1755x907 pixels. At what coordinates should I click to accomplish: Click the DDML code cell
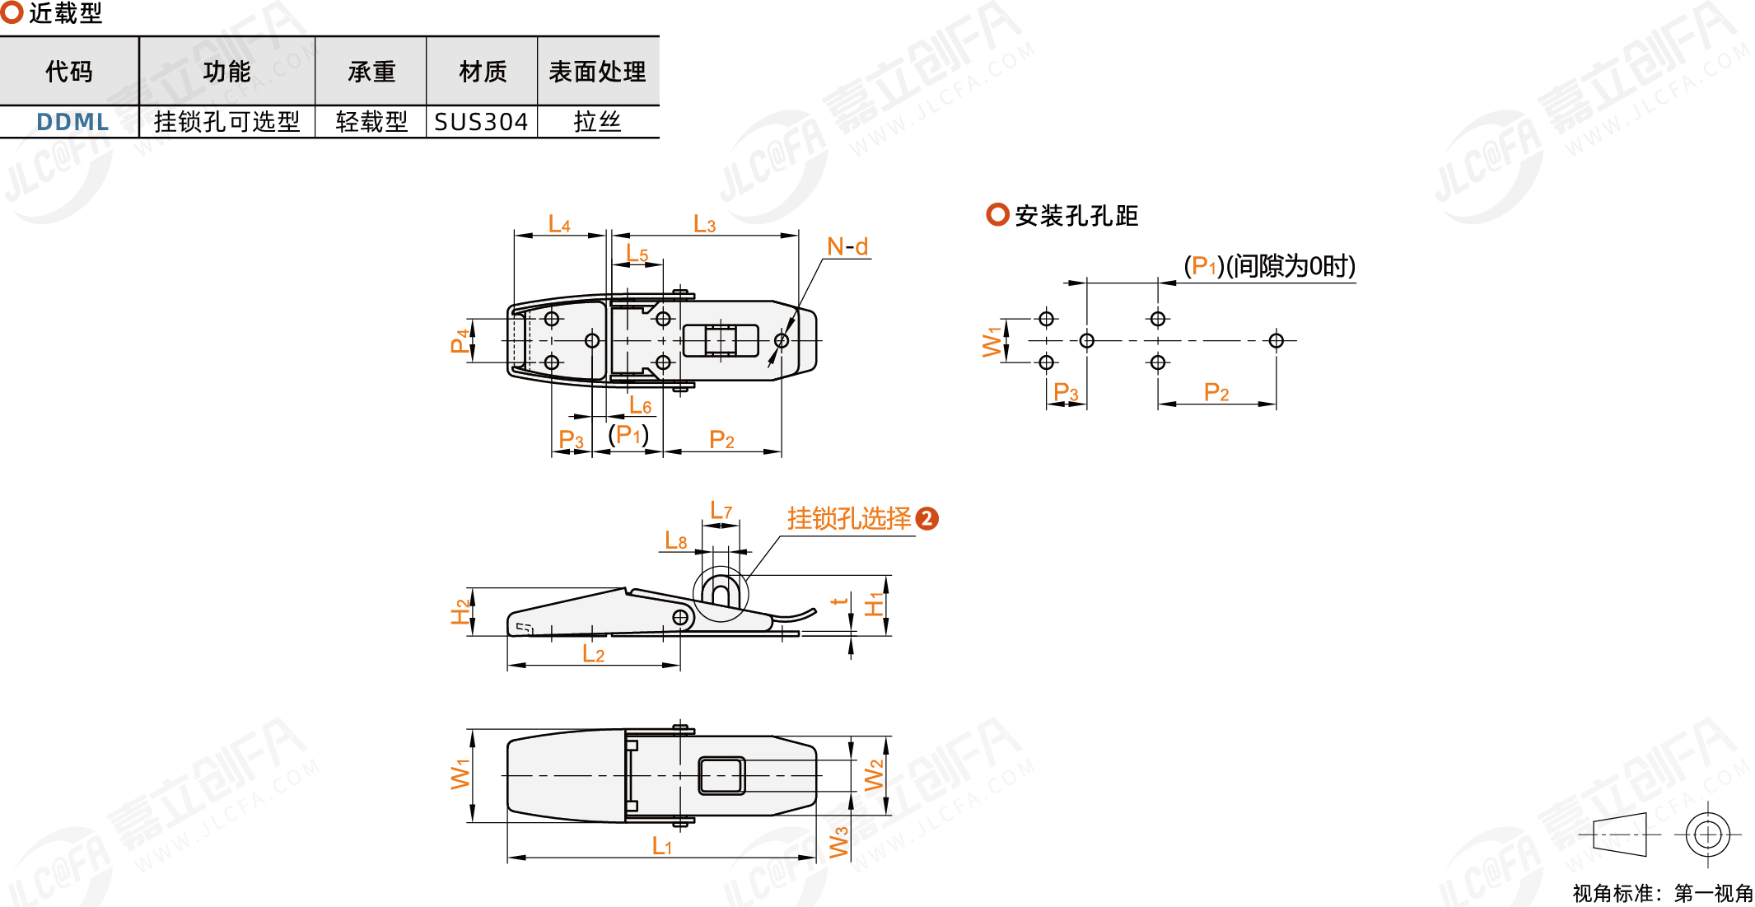[72, 122]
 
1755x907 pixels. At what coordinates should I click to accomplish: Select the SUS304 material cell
[481, 122]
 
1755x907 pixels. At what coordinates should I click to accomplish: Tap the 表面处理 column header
[597, 72]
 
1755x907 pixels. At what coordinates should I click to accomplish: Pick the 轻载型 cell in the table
[371, 122]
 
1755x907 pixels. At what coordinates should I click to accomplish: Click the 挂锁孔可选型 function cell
[226, 122]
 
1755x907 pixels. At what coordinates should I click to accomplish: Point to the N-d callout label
[847, 246]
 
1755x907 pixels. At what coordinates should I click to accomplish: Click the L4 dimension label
[559, 224]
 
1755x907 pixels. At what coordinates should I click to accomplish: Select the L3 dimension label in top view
[704, 224]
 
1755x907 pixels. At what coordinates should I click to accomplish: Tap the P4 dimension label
[460, 340]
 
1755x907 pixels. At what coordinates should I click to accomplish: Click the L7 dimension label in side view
[721, 512]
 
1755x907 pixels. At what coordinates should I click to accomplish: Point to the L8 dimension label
[676, 540]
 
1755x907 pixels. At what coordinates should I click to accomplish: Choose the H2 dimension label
[460, 612]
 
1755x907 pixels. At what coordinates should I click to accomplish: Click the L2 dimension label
[593, 654]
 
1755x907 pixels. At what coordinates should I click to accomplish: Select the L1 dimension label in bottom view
[661, 846]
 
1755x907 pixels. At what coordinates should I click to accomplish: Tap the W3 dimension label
[838, 842]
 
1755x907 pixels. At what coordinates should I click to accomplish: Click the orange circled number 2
[927, 518]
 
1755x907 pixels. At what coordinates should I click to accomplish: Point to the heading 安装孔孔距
[1076, 216]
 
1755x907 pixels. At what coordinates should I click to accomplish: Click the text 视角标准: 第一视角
[1662, 893]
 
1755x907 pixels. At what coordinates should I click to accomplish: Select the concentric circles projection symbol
[1707, 835]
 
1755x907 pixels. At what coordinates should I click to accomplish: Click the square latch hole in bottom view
[721, 775]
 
